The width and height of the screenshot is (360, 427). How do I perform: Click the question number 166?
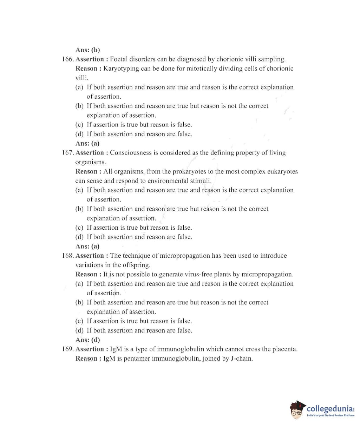[x=68, y=59]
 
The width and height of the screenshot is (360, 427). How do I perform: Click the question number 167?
[x=68, y=153]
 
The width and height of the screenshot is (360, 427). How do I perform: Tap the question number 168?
[x=68, y=256]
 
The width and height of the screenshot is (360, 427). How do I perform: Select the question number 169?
[x=68, y=349]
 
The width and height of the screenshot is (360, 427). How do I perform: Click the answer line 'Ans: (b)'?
[x=87, y=50]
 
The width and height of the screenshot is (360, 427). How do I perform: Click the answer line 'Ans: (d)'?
[x=87, y=340]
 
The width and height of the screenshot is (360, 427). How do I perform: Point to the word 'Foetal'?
[x=120, y=59]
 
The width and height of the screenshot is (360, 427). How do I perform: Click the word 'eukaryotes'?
[x=282, y=172]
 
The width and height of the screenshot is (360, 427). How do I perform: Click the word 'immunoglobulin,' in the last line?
[x=176, y=359]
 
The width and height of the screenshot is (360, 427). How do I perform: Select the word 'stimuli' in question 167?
[x=201, y=181]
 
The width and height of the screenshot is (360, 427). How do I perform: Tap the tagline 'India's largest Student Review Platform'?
[x=330, y=416]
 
